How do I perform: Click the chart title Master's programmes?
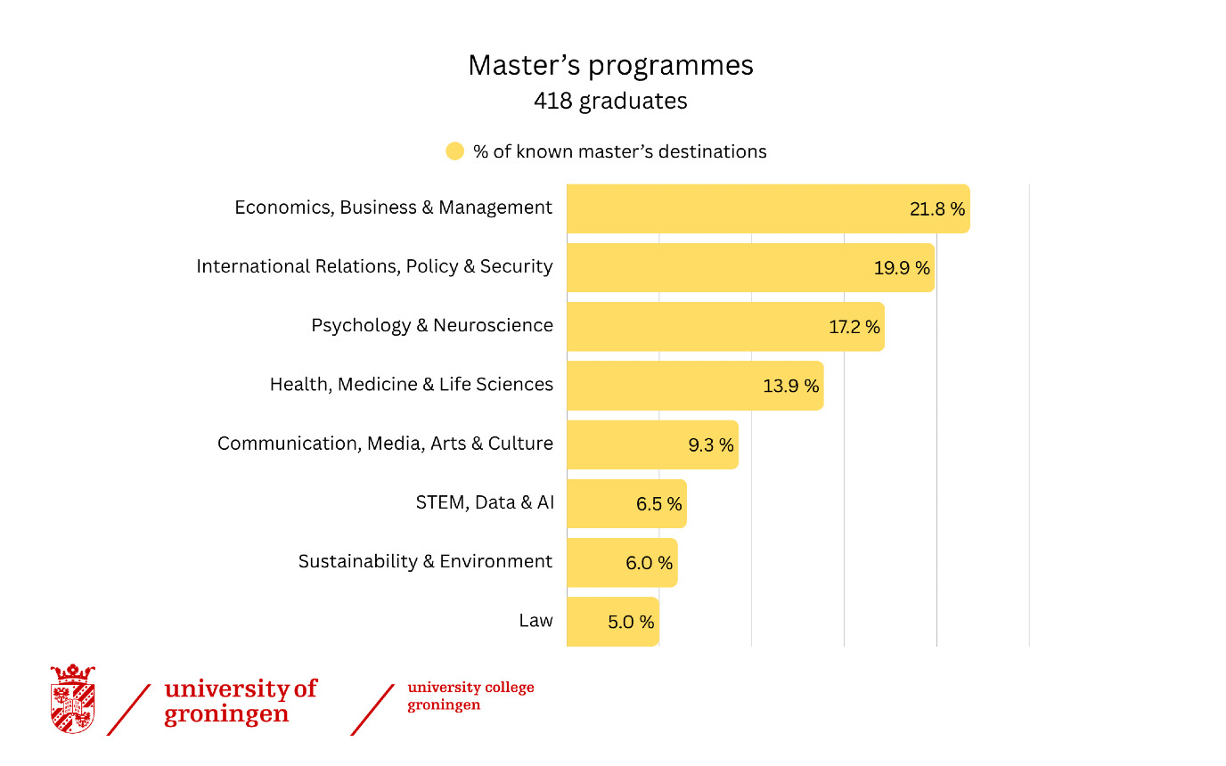pyautogui.click(x=611, y=65)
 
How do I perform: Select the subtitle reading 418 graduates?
pyautogui.click(x=611, y=102)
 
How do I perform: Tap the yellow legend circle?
pyautogui.click(x=454, y=151)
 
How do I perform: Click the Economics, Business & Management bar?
pyautogui.click(x=768, y=208)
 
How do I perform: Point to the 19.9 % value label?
pyautogui.click(x=902, y=267)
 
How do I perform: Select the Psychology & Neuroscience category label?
pyautogui.click(x=432, y=326)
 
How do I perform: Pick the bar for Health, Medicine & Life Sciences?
pyautogui.click(x=695, y=386)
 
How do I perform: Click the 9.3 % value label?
pyautogui.click(x=710, y=444)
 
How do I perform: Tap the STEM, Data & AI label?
pyautogui.click(x=485, y=502)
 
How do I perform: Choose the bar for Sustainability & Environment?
pyautogui.click(x=622, y=562)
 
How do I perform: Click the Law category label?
pyautogui.click(x=535, y=621)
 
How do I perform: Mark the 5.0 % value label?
pyautogui.click(x=631, y=622)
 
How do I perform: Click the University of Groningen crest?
pyautogui.click(x=73, y=698)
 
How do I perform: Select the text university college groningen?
pyautogui.click(x=470, y=696)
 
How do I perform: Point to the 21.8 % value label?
pyautogui.click(x=937, y=209)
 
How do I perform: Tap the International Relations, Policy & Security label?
pyautogui.click(x=375, y=266)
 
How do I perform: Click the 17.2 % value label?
pyautogui.click(x=854, y=327)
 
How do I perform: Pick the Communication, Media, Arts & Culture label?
pyautogui.click(x=385, y=444)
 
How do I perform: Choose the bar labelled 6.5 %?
pyautogui.click(x=626, y=504)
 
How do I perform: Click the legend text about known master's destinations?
pyautogui.click(x=619, y=151)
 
